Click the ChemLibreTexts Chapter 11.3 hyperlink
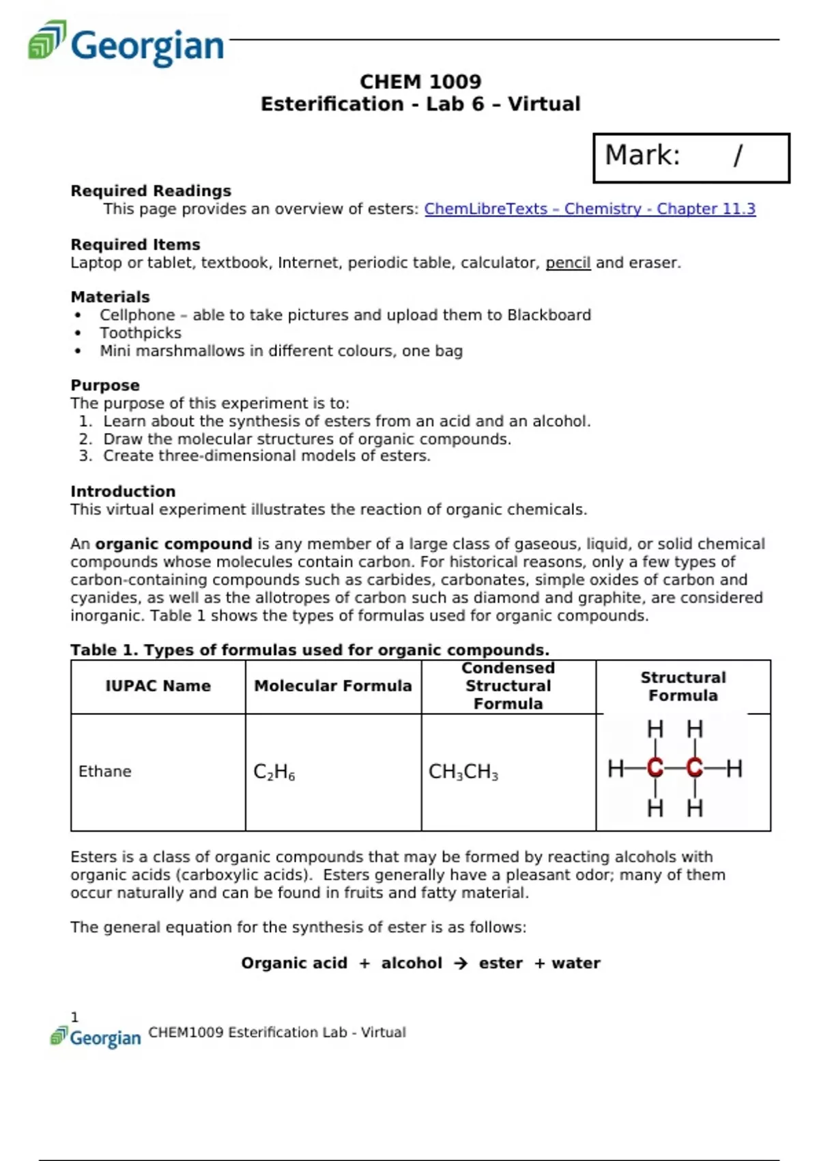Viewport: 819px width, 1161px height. click(x=590, y=209)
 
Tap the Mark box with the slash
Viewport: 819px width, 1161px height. click(x=691, y=157)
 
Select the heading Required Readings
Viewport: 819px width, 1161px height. click(x=151, y=191)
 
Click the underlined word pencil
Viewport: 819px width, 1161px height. click(x=568, y=263)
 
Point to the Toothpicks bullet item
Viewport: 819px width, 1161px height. click(x=141, y=333)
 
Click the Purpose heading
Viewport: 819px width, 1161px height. click(x=105, y=385)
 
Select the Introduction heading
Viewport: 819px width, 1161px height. click(x=123, y=492)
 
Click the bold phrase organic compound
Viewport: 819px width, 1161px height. click(x=174, y=544)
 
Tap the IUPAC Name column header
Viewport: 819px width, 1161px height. click(x=158, y=686)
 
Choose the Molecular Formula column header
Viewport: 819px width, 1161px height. click(x=333, y=686)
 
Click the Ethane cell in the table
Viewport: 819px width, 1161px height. click(x=105, y=772)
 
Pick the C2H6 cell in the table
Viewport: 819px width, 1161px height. click(x=274, y=772)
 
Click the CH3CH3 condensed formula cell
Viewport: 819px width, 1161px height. click(x=463, y=772)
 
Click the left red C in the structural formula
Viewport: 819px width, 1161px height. click(x=655, y=768)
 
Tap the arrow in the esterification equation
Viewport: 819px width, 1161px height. click(x=461, y=964)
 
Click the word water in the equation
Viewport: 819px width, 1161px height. click(x=576, y=964)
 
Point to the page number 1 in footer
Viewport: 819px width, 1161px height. click(x=75, y=1018)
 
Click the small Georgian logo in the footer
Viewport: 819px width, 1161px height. click(x=96, y=1037)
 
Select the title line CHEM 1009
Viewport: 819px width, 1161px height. click(x=420, y=82)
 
